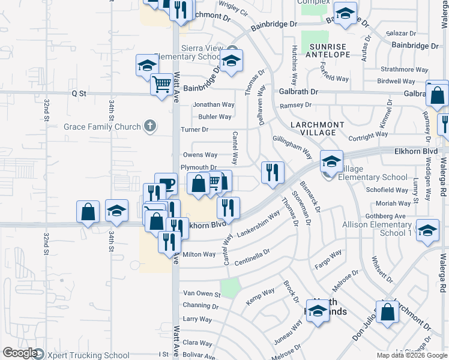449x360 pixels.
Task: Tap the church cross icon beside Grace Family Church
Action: [150, 127]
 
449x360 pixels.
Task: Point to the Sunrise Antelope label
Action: [328, 50]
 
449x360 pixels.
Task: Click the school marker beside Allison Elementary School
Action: [427, 231]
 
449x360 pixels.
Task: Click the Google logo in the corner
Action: [20, 353]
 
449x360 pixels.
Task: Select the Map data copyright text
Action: [412, 355]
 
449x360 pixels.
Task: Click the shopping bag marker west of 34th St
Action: [88, 212]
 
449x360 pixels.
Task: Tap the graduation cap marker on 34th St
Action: [116, 211]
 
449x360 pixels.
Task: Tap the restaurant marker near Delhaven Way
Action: [273, 173]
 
